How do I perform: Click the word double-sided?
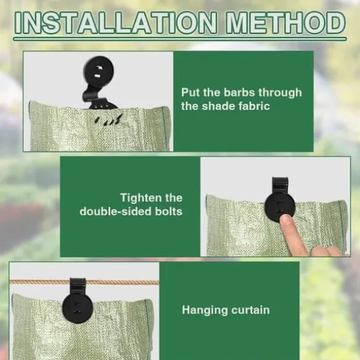pyautogui.click(x=115, y=212)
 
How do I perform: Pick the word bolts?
pyautogui.click(x=169, y=212)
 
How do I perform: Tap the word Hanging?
pyautogui.click(x=205, y=310)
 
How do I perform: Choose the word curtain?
pyautogui.click(x=251, y=310)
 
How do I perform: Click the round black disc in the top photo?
pyautogui.click(x=99, y=71)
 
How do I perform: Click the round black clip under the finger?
pyautogui.click(x=280, y=207)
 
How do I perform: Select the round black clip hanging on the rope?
pyautogui.click(x=78, y=308)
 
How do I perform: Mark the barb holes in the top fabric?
pyautogui.click(x=108, y=120)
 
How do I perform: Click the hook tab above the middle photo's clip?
pyautogui.click(x=280, y=185)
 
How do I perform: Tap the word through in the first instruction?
pyautogui.click(x=280, y=92)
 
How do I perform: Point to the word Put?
pyautogui.click(x=191, y=92)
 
